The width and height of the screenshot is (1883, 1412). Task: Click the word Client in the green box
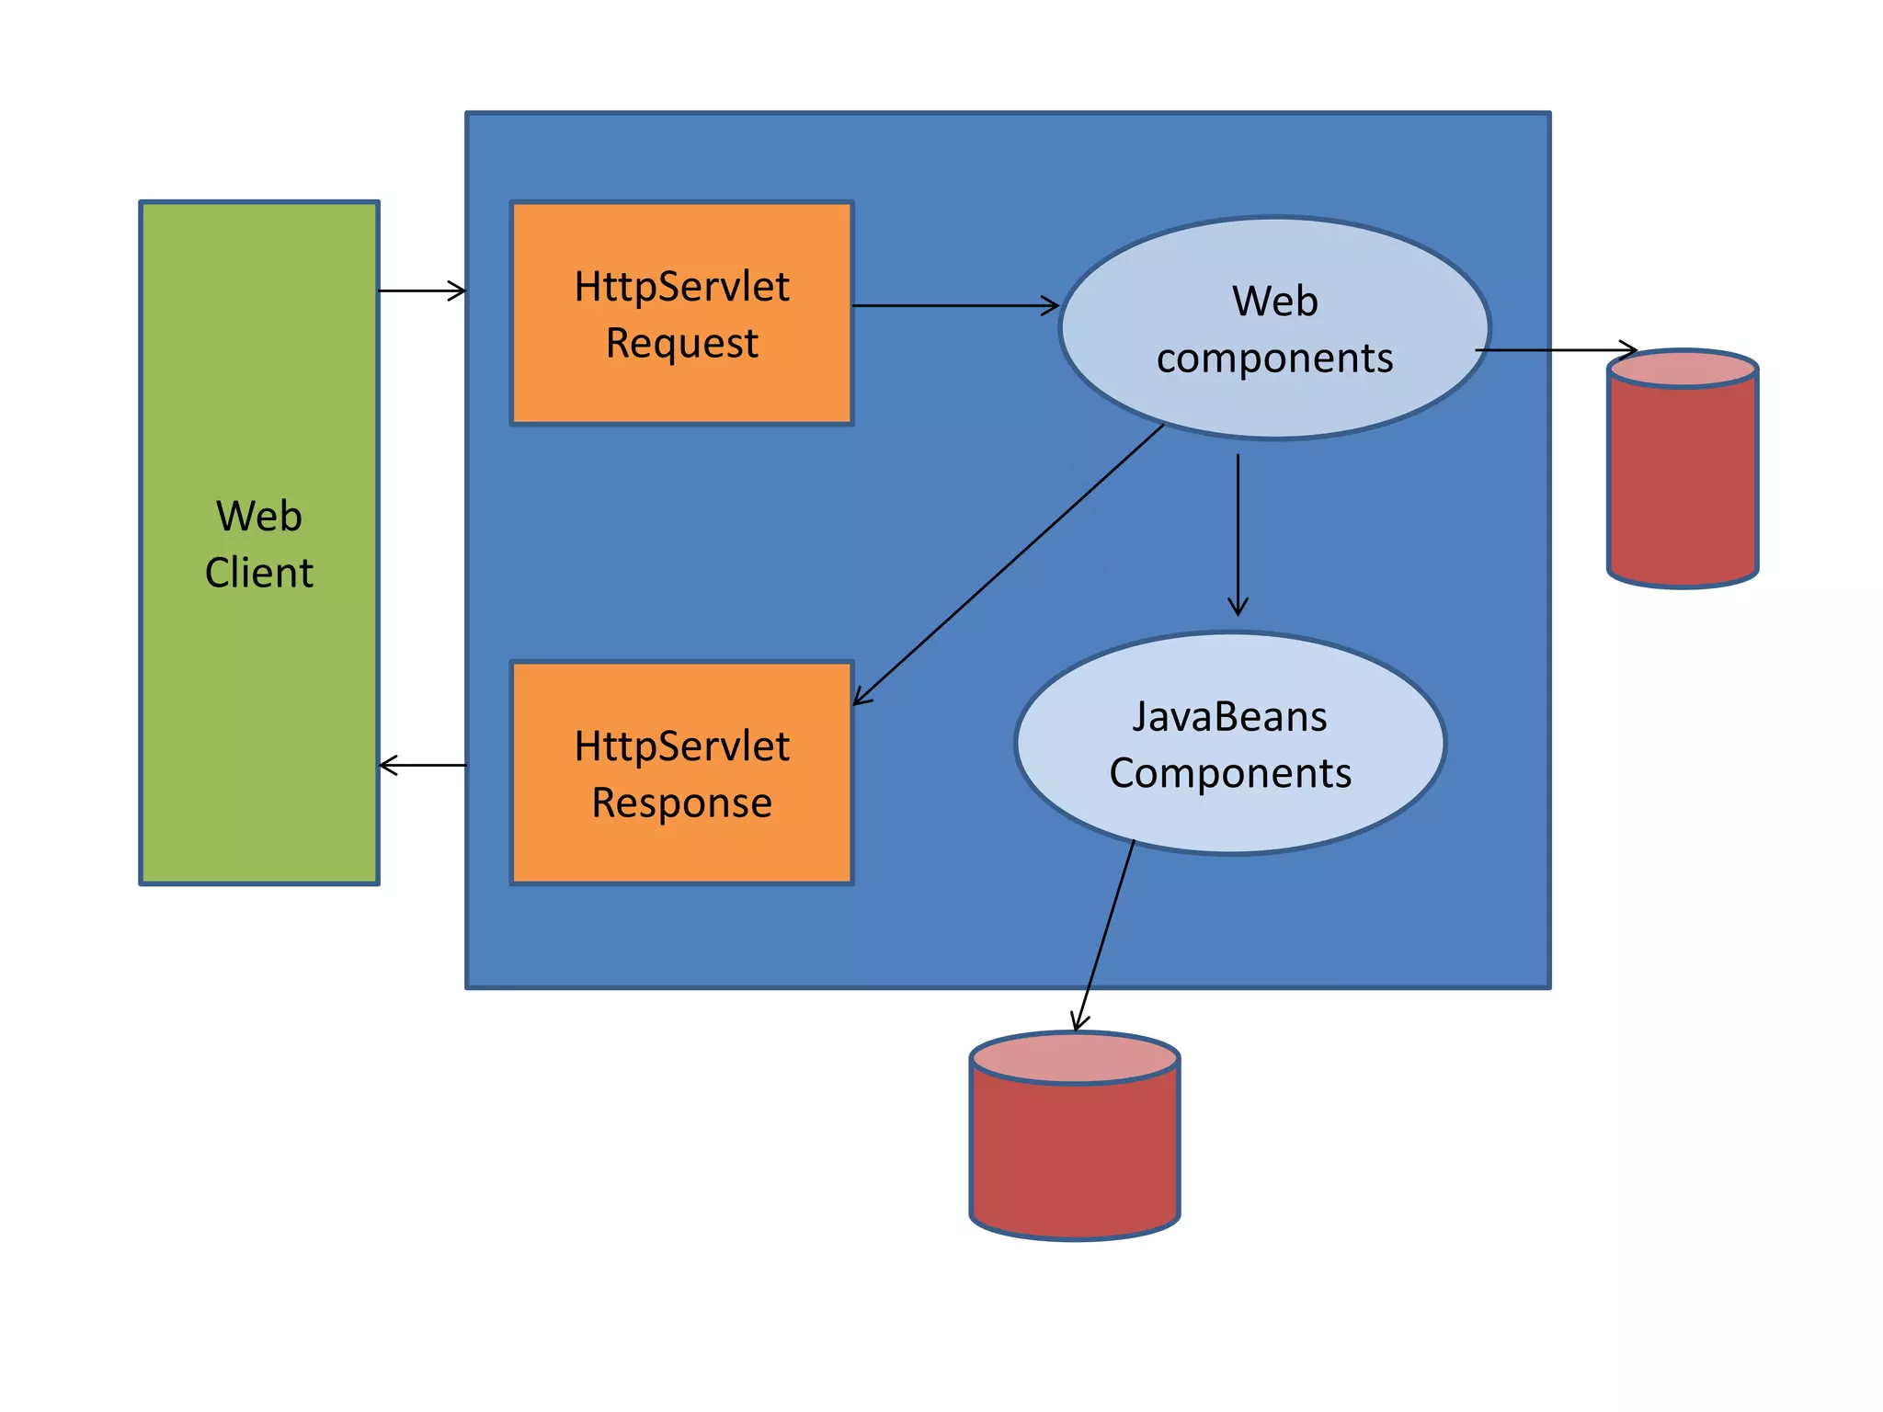pyautogui.click(x=258, y=573)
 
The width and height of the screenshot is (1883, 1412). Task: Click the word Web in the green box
pyautogui.click(x=258, y=516)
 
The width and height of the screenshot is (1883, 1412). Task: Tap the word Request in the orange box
pyautogui.click(x=681, y=343)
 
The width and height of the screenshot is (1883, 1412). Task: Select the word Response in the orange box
pyautogui.click(x=681, y=803)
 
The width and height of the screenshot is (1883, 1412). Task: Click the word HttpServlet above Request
pyautogui.click(x=681, y=287)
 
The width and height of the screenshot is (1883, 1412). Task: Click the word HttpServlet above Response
pyautogui.click(x=681, y=746)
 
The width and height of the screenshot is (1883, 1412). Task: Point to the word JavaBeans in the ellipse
pyautogui.click(x=1229, y=716)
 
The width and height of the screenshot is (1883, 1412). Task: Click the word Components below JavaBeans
pyautogui.click(x=1229, y=773)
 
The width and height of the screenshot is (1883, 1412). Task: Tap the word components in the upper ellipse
pyautogui.click(x=1274, y=358)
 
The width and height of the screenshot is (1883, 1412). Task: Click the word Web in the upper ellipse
pyautogui.click(x=1274, y=302)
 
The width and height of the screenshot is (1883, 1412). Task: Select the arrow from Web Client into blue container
pyautogui.click(x=421, y=290)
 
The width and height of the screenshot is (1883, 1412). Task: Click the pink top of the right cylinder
pyautogui.click(x=1683, y=370)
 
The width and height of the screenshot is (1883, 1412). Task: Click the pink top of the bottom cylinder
pyautogui.click(x=1074, y=1058)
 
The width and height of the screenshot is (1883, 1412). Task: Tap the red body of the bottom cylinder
pyautogui.click(x=1074, y=1158)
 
